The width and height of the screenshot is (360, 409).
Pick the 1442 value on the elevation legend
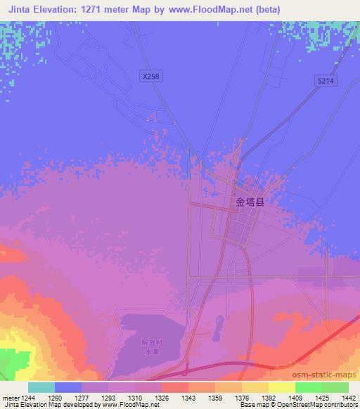(x=348, y=397)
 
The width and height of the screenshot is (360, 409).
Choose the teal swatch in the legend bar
(x=41, y=387)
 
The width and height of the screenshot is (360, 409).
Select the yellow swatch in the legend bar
(x=281, y=387)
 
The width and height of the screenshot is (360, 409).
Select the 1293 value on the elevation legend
(x=109, y=397)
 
